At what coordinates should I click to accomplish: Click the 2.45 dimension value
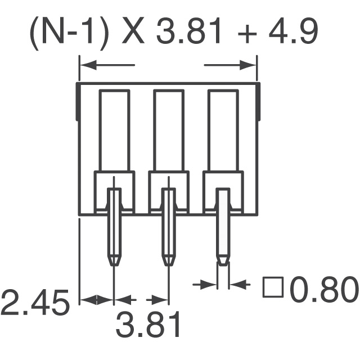[35, 303]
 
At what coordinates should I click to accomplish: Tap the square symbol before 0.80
[273, 287]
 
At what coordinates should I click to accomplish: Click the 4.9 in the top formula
[293, 30]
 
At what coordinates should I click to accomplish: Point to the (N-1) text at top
[68, 33]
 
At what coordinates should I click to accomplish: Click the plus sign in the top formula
[247, 34]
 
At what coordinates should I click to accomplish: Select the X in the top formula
[133, 30]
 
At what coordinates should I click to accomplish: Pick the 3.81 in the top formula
[188, 30]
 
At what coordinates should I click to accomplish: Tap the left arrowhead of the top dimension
[88, 65]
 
